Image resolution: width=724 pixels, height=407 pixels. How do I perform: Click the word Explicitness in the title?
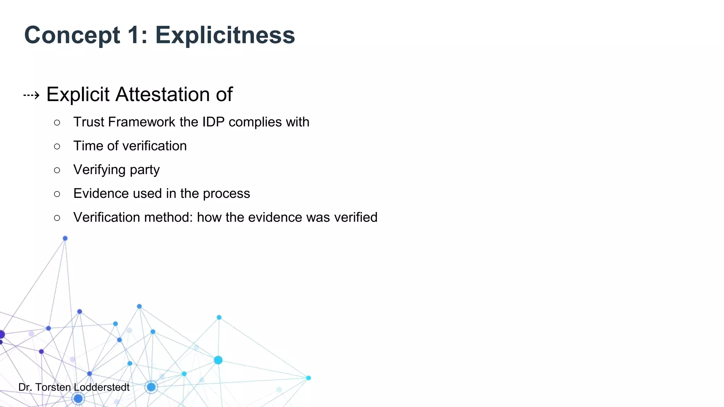[x=225, y=35]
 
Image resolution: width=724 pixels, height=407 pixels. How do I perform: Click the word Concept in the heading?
[x=72, y=35]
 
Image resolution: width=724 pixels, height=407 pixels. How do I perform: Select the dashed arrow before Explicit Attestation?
[x=31, y=95]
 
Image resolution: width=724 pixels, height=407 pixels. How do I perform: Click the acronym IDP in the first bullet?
[x=213, y=122]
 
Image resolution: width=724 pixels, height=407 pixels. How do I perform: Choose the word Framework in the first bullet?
[x=142, y=122]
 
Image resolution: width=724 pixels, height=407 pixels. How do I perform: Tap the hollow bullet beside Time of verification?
[x=57, y=146]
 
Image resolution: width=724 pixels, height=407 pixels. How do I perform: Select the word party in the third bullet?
[x=145, y=170]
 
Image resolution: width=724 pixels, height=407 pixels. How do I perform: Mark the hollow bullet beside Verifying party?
[x=57, y=170]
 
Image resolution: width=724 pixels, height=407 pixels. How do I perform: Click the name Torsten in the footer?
[x=53, y=387]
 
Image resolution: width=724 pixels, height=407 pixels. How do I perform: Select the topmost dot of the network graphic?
[x=65, y=238]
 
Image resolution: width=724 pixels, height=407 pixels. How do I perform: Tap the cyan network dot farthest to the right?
[x=308, y=378]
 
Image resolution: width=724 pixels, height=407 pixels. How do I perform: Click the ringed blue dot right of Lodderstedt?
[x=151, y=387]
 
